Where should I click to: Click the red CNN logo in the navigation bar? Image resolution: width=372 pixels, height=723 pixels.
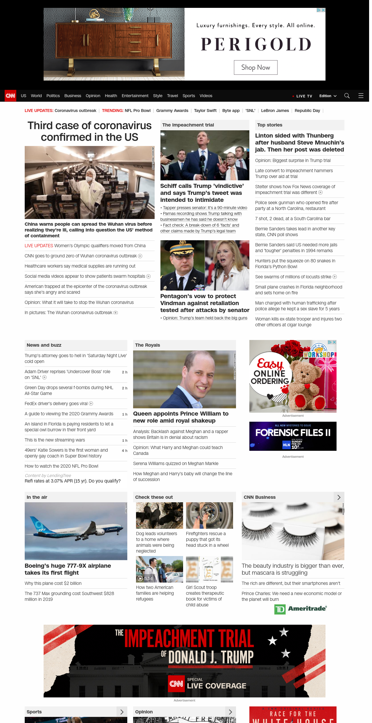click(10, 96)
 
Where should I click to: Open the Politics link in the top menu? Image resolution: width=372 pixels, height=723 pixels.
click(53, 96)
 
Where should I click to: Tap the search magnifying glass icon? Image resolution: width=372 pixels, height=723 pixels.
click(347, 96)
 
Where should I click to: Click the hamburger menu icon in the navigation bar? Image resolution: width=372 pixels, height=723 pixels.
click(361, 96)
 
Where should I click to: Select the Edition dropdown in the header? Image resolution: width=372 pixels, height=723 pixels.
click(328, 96)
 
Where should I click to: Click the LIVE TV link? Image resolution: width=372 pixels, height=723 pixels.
click(304, 96)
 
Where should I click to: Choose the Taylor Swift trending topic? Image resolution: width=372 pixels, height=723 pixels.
click(205, 111)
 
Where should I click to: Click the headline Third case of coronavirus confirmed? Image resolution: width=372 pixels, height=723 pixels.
click(90, 131)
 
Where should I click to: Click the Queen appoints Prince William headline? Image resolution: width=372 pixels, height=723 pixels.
click(181, 417)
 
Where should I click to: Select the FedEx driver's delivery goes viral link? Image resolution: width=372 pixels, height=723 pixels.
click(56, 403)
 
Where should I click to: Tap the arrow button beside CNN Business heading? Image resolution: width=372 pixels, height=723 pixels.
click(339, 497)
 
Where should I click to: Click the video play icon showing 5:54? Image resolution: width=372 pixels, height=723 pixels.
click(140, 578)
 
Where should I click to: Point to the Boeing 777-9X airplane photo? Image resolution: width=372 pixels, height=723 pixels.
click(76, 531)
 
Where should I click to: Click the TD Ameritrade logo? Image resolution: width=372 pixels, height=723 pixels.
click(301, 609)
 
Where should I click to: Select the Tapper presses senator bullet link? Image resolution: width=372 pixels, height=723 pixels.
click(205, 208)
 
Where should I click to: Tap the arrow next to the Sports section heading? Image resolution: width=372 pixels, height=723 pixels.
click(122, 712)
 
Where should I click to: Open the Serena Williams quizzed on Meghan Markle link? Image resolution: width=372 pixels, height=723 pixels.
click(176, 464)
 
